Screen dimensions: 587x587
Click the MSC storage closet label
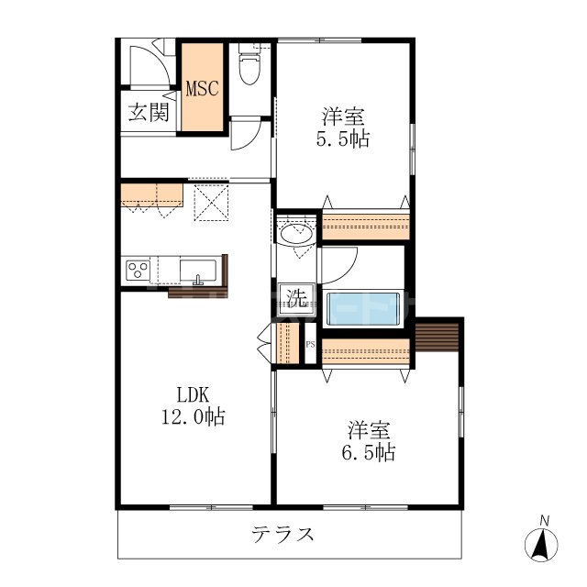pyautogui.click(x=202, y=89)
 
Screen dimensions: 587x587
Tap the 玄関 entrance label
pyautogui.click(x=147, y=113)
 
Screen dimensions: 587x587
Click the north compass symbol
pyautogui.click(x=542, y=543)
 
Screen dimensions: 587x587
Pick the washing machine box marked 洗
pyautogui.click(x=296, y=298)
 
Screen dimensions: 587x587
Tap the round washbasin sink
pyautogui.click(x=296, y=234)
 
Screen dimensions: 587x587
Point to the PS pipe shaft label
pyautogui.click(x=310, y=345)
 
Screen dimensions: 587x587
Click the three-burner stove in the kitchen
pyautogui.click(x=138, y=271)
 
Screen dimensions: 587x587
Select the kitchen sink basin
pyautogui.click(x=197, y=271)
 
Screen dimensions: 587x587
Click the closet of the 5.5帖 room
pyautogui.click(x=365, y=226)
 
